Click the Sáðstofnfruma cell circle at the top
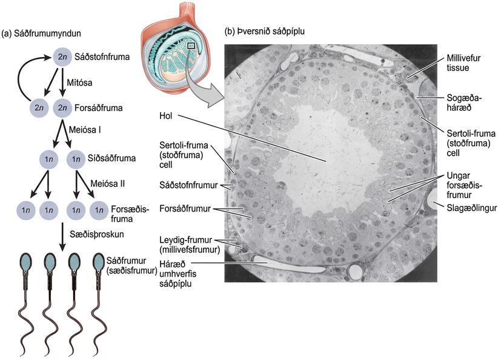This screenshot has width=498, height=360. [x=62, y=57]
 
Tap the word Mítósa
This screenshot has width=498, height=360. [x=79, y=82]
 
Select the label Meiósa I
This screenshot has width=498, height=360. [x=85, y=130]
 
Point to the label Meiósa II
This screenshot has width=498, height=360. [x=107, y=184]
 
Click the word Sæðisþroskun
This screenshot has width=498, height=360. [x=97, y=235]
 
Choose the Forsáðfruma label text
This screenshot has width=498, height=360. [x=99, y=108]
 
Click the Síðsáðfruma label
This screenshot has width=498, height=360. [x=111, y=158]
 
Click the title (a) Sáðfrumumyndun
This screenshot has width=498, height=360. [x=41, y=33]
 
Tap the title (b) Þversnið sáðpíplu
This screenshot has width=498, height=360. [x=265, y=32]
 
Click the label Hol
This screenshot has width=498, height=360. [x=166, y=116]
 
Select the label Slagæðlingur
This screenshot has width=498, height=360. [x=471, y=208]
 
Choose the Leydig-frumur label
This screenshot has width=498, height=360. [x=190, y=245]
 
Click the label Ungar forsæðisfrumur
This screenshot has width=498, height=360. [x=464, y=185]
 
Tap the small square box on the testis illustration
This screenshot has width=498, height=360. [x=191, y=45]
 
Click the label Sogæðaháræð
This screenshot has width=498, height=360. [x=464, y=102]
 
